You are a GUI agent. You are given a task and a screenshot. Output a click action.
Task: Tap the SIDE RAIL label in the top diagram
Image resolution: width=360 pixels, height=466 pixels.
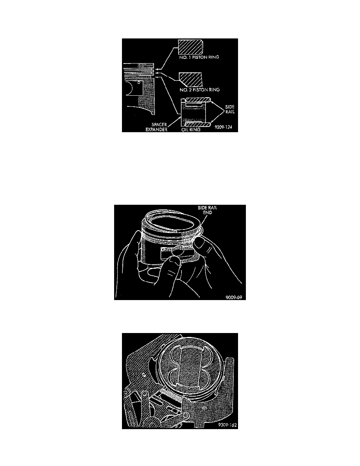(229, 109)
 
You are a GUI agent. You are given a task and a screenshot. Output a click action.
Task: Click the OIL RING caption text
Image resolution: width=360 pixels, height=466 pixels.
(191, 129)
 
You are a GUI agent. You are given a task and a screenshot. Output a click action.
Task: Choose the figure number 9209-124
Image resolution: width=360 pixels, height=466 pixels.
(224, 127)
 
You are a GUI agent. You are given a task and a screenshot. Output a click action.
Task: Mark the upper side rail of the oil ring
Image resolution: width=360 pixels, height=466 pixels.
(198, 100)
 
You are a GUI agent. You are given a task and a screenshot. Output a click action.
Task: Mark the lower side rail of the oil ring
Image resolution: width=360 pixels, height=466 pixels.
(198, 123)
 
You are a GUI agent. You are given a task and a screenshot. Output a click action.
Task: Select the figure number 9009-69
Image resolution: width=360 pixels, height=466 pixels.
(236, 297)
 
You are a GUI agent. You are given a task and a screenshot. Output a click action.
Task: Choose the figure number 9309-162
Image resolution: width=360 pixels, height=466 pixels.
(227, 425)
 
